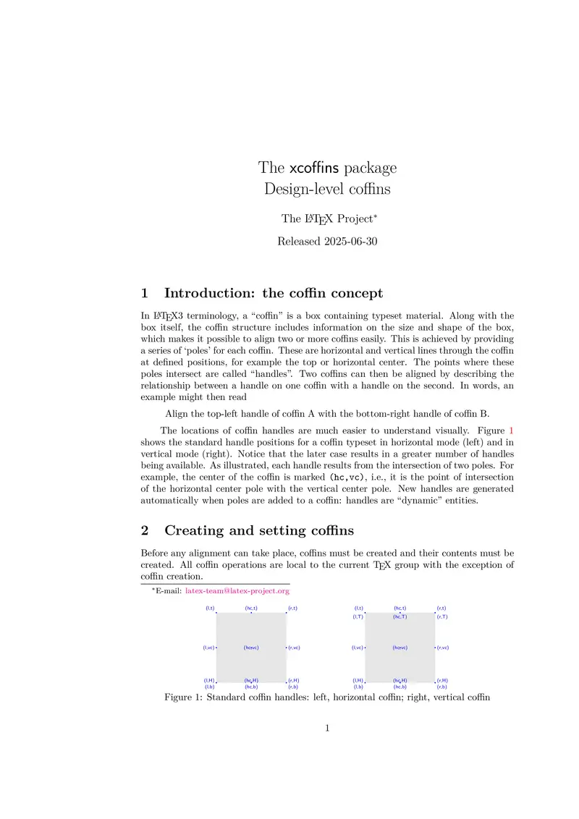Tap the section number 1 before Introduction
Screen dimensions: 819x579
pos(145,293)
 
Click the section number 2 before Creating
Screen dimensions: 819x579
pos(145,530)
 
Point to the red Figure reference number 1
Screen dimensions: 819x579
pos(511,431)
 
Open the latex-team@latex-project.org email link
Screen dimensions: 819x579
pos(237,591)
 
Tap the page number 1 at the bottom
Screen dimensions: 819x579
pos(327,729)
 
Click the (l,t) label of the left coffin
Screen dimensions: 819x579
pos(210,608)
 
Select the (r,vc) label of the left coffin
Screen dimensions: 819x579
pos(294,648)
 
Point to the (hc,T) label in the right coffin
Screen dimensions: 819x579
pos(400,617)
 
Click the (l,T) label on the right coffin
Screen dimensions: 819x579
pos(358,617)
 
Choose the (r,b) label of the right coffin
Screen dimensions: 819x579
pos(441,687)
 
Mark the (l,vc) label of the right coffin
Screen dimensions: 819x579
pos(358,648)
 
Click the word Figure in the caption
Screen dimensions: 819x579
pos(182,698)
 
